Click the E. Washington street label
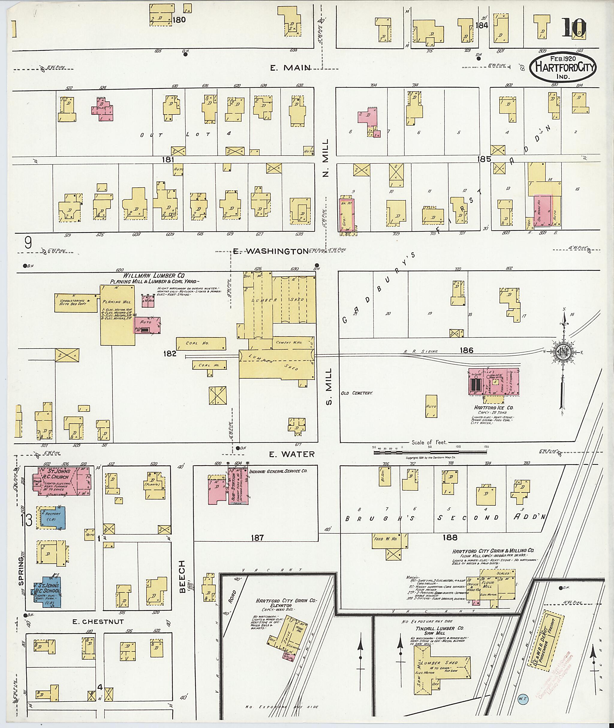pos(270,251)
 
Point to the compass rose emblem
pos(562,352)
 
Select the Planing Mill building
pos(118,315)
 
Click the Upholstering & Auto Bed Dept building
pos(76,302)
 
